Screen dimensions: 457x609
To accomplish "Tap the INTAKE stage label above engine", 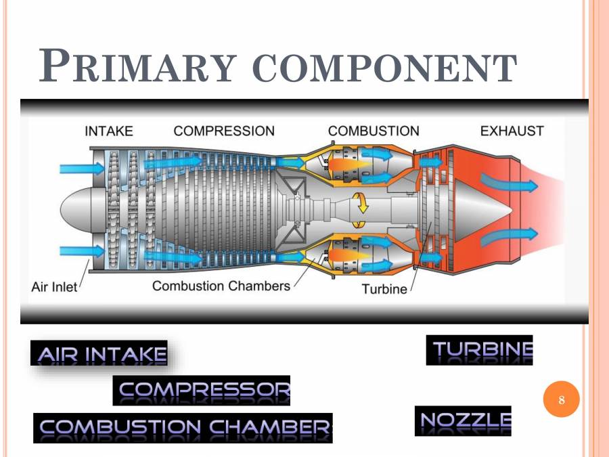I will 109,131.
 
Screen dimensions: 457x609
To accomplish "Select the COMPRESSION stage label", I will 224,131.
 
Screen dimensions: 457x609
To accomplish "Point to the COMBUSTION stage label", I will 374,131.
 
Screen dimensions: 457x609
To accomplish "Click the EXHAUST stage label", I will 512,131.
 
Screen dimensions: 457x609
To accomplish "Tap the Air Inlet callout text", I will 54,287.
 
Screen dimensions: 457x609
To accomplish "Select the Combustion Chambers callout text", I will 221,286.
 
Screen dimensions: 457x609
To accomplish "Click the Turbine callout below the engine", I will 384,289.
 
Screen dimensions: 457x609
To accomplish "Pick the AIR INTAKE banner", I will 101,353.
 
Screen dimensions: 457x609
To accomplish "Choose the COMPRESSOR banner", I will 203,390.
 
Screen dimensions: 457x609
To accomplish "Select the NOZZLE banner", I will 464,421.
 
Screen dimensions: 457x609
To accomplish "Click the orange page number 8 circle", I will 561,400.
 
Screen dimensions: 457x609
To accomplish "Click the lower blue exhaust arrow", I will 510,236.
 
